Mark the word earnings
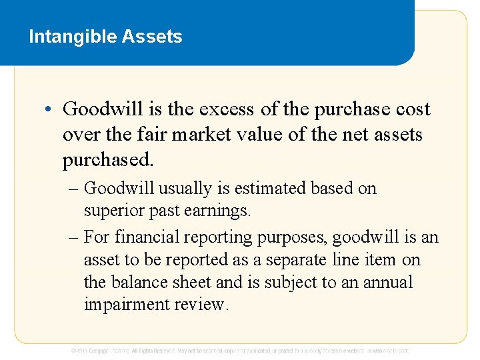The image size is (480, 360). [218, 211]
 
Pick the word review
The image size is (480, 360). [201, 305]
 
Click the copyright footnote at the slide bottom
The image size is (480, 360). [240, 351]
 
